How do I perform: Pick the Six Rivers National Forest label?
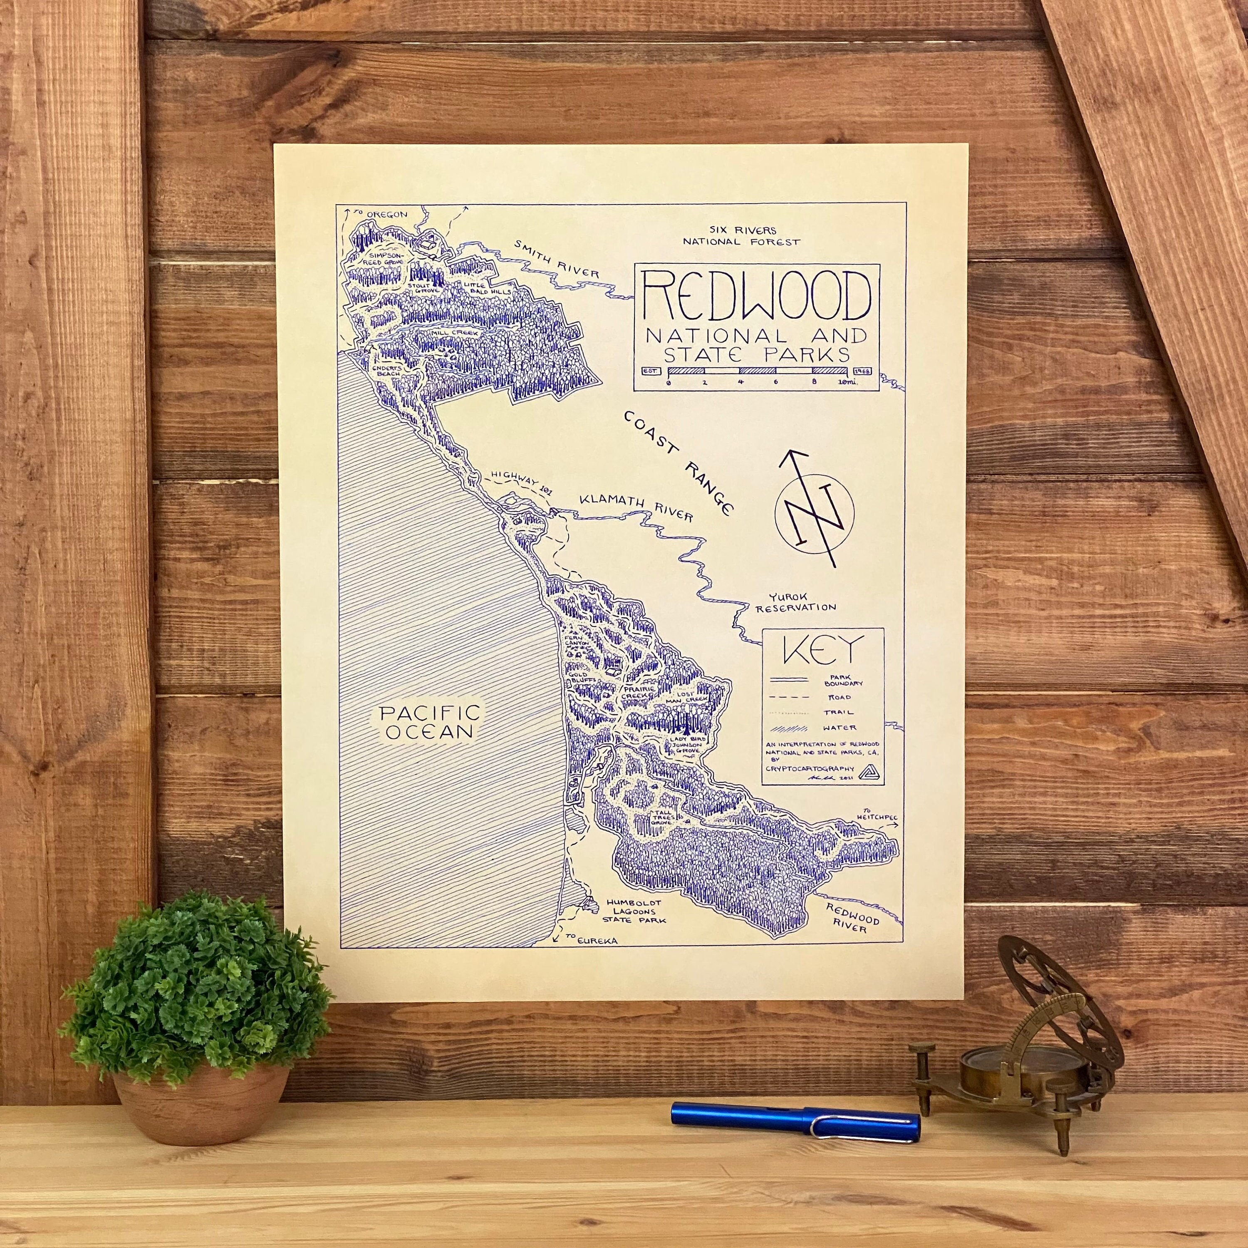click(742, 236)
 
